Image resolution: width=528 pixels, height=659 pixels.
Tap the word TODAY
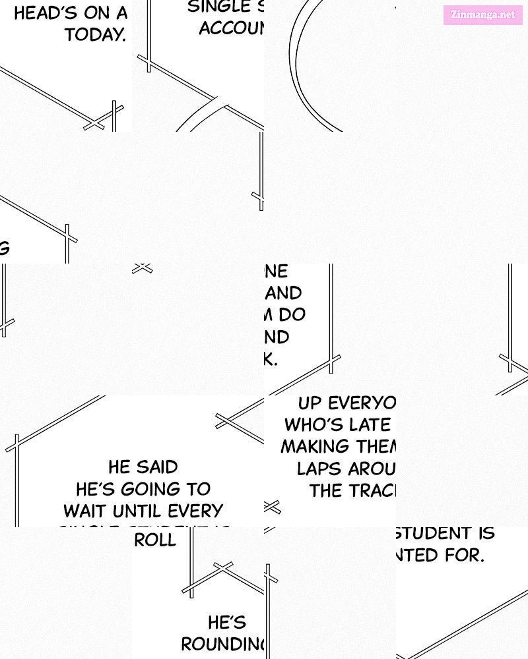click(95, 35)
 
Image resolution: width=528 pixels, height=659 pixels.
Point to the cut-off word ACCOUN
click(231, 28)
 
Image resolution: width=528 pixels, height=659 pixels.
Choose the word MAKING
click(315, 447)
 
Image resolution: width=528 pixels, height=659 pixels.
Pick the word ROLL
click(155, 540)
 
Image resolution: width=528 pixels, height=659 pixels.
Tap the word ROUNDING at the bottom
click(222, 644)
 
